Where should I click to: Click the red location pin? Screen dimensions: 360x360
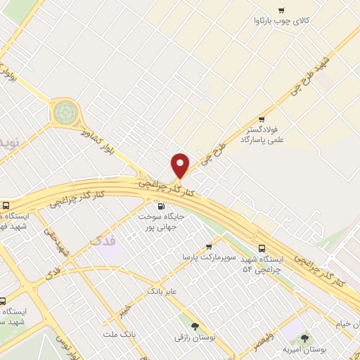[181, 166]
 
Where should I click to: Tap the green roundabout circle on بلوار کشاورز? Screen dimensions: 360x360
[65, 110]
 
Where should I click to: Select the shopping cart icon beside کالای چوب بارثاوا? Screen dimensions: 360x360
[281, 10]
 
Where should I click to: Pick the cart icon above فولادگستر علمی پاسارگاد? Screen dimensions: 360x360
[262, 120]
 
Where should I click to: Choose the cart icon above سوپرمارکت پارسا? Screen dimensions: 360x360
[208, 247]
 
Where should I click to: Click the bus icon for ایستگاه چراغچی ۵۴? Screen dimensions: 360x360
[262, 248]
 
